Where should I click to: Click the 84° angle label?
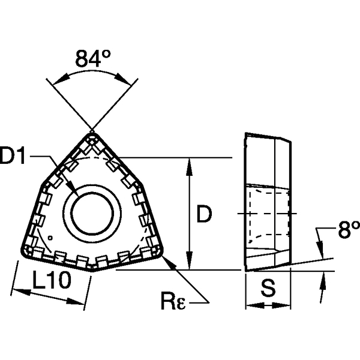coord(94,59)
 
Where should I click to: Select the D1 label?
coord(14,157)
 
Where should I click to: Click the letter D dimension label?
coord(205,214)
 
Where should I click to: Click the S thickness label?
coord(269,289)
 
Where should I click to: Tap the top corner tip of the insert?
coord(92,131)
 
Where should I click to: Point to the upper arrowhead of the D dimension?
coord(190,162)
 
